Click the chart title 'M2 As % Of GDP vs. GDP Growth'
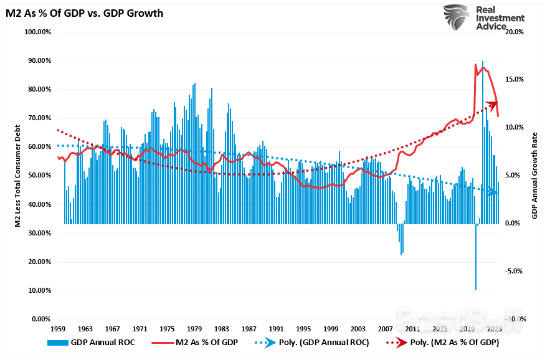coord(85,13)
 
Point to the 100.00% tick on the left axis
coord(37,32)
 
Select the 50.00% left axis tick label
coord(39,176)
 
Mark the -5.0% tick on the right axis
coord(515,271)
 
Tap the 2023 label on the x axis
coord(495,328)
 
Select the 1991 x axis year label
coord(276,328)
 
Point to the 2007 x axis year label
coord(385,328)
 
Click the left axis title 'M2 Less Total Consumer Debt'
coord(19,175)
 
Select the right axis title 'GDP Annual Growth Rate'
coord(534,175)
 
